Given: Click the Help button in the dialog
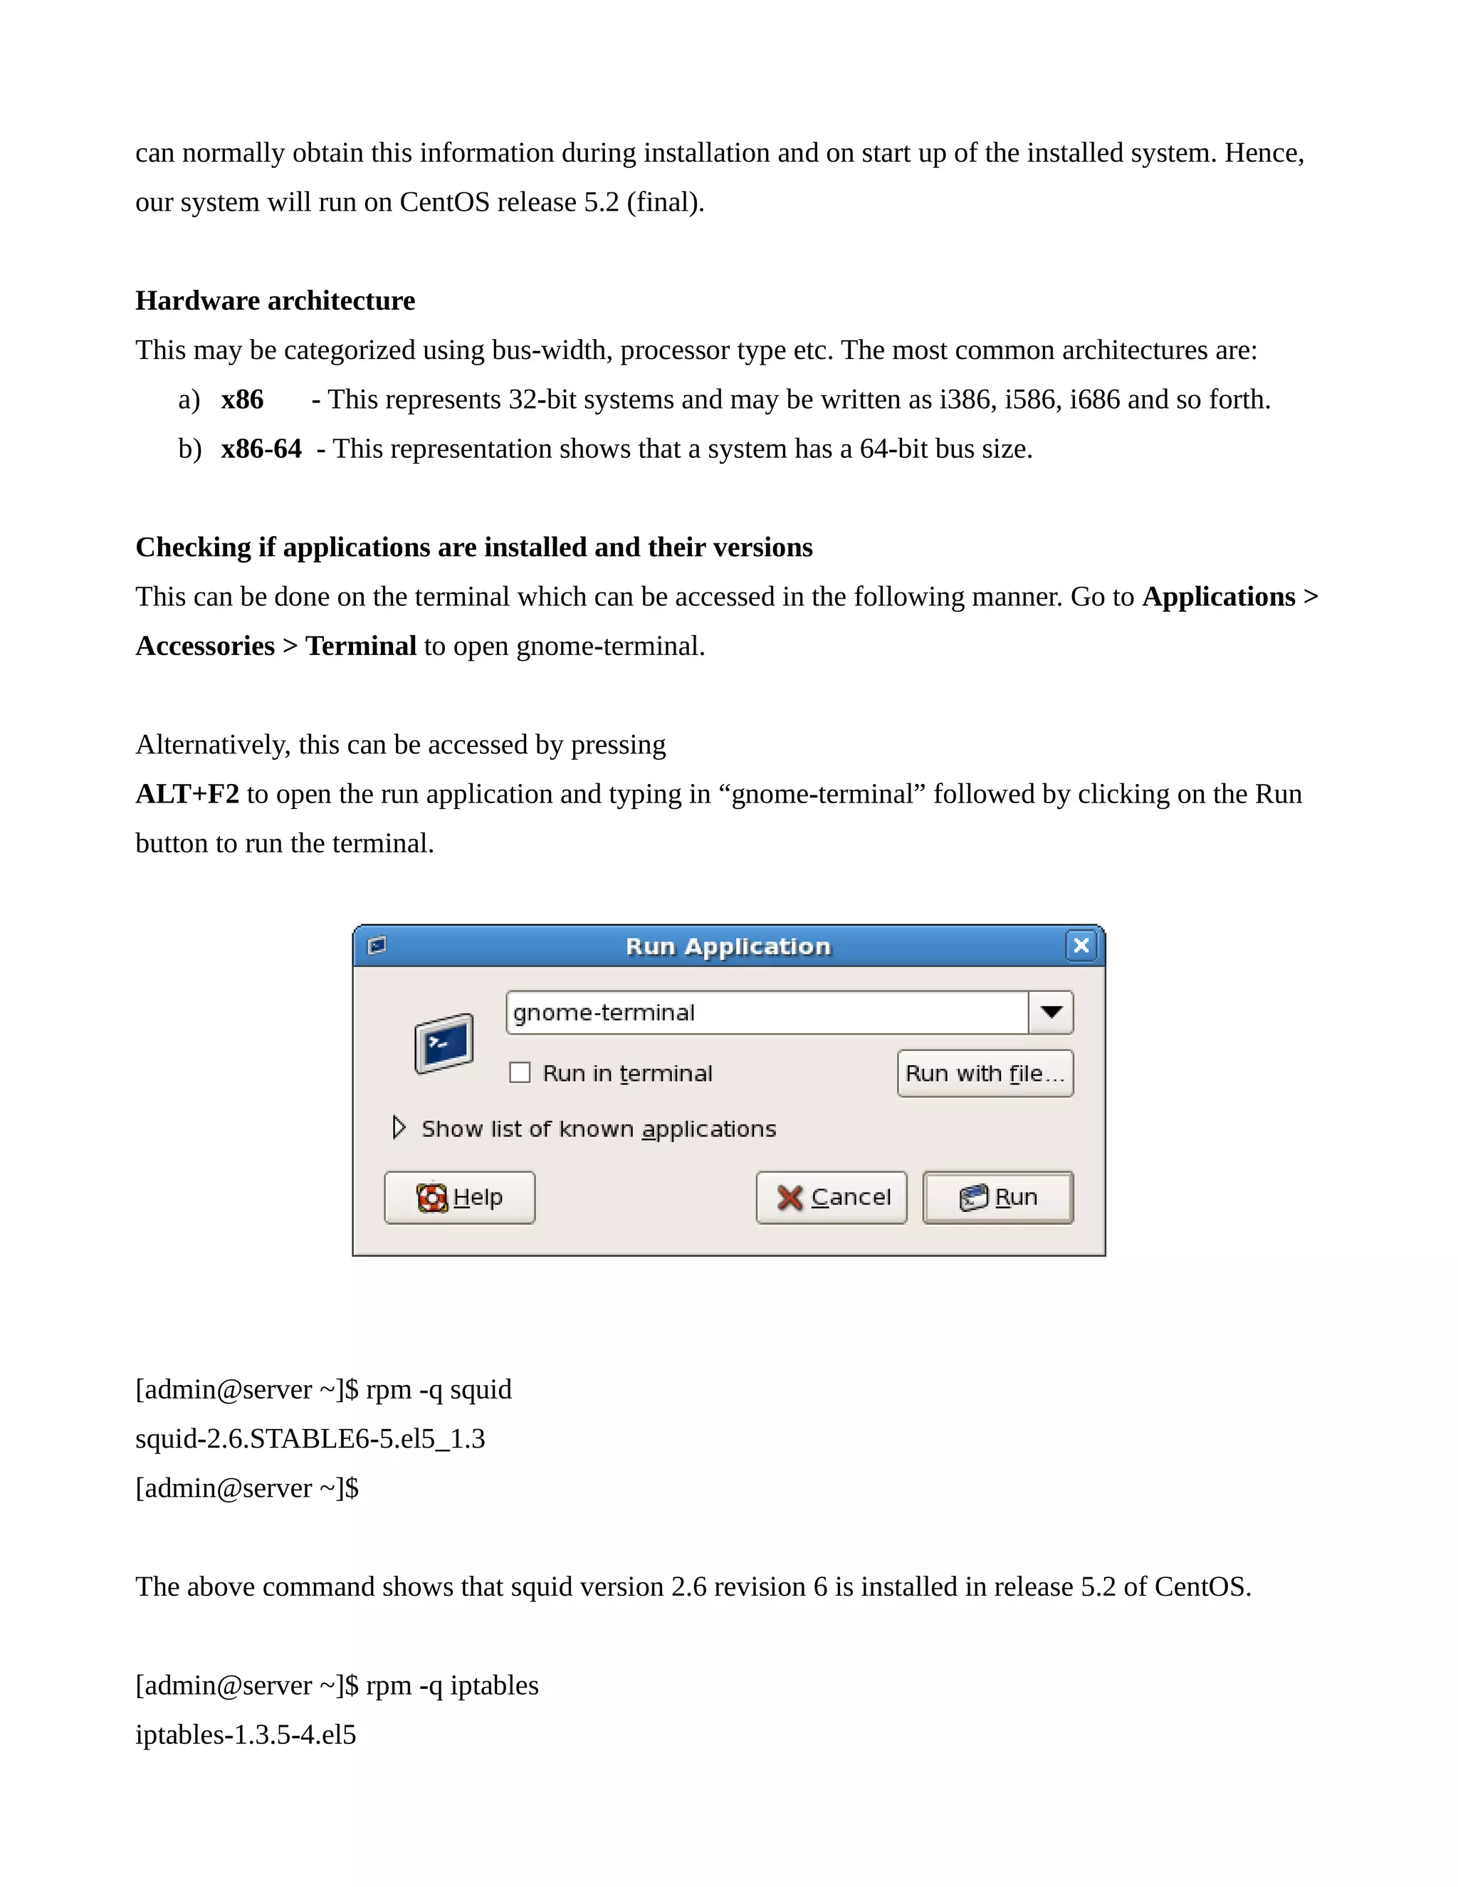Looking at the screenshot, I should pos(459,1197).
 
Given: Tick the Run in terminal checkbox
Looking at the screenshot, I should pos(520,1072).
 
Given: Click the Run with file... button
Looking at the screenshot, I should pos(985,1073).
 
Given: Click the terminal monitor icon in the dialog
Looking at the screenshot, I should pos(444,1043).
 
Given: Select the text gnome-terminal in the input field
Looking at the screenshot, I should pos(604,1013).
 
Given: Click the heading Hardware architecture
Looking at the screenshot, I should pos(275,300).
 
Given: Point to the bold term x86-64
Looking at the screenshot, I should pos(261,449).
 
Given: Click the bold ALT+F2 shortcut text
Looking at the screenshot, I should pos(187,794).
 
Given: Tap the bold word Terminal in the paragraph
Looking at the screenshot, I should pos(361,647).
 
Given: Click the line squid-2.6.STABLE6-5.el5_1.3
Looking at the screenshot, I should pos(310,1438).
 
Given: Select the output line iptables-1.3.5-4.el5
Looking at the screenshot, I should pos(246,1735).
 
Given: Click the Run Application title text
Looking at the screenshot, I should pos(728,946).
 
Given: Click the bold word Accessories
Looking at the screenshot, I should pos(205,647).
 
